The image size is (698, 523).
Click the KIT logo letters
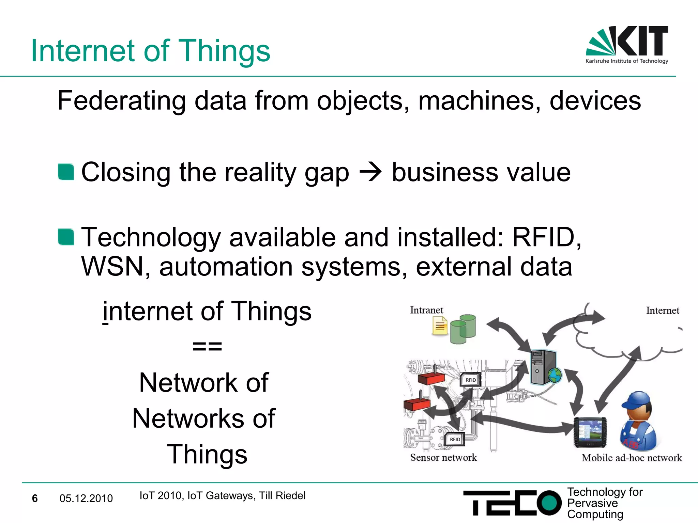pyautogui.click(x=642, y=41)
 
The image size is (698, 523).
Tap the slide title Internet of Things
pyautogui.click(x=150, y=51)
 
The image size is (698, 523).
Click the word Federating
pyautogui.click(x=121, y=101)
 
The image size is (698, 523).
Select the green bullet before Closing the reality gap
pyautogui.click(x=66, y=172)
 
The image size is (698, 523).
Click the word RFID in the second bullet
pyautogui.click(x=543, y=237)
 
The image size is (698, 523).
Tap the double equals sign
pyautogui.click(x=207, y=347)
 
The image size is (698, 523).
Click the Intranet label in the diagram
pyautogui.click(x=426, y=310)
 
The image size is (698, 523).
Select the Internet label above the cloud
pyautogui.click(x=662, y=311)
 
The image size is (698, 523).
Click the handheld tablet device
pyautogui.click(x=590, y=432)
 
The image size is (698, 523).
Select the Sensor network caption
pyautogui.click(x=443, y=458)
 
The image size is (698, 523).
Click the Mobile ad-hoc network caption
pyautogui.click(x=632, y=458)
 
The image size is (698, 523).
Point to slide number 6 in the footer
pyautogui.click(x=35, y=498)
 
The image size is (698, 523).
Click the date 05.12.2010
pyautogui.click(x=86, y=498)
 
